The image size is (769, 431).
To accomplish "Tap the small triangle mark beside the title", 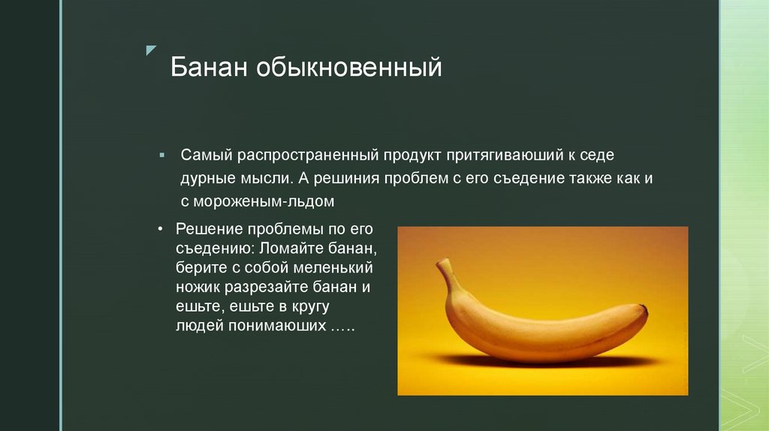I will point(151,50).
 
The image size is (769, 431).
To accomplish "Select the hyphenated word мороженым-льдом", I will point(263,202).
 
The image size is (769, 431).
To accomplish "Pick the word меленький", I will point(334,267).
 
